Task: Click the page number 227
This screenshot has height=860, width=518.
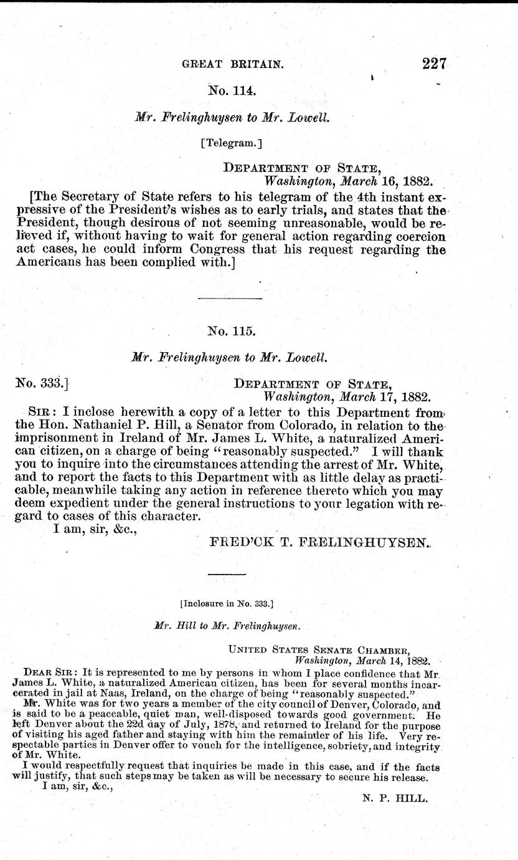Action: pyautogui.click(x=435, y=64)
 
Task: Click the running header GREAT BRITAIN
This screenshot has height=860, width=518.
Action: pyautogui.click(x=232, y=64)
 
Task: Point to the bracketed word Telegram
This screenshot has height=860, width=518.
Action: pyautogui.click(x=232, y=143)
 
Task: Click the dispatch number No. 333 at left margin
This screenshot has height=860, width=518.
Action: pyautogui.click(x=39, y=384)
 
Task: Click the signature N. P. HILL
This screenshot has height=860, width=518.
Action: pyautogui.click(x=395, y=797)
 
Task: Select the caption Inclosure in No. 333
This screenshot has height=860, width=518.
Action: pyautogui.click(x=227, y=603)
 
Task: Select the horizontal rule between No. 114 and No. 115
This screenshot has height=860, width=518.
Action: pyautogui.click(x=229, y=299)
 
